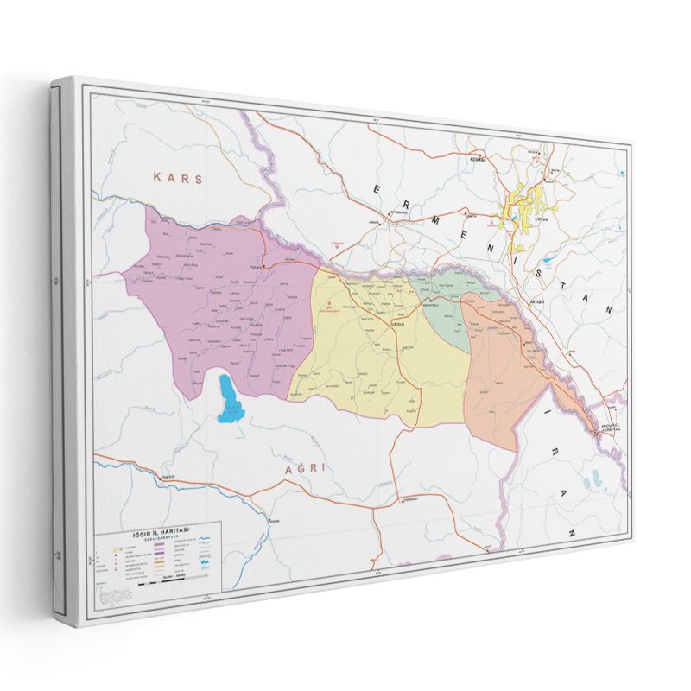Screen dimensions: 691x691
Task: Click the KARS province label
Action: (x=178, y=178)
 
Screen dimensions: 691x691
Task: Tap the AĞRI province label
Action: (x=306, y=467)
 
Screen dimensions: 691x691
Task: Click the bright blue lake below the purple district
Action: (x=229, y=399)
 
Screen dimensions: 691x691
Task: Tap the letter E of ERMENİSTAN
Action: (x=376, y=189)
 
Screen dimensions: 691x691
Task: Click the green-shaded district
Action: (x=448, y=314)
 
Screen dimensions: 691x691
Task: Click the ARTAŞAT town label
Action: (x=531, y=302)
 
